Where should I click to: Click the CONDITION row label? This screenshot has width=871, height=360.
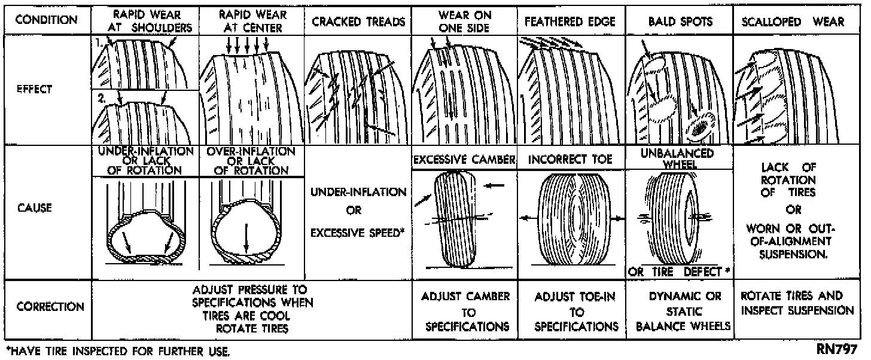click(x=46, y=20)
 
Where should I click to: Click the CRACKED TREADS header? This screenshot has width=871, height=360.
click(x=358, y=22)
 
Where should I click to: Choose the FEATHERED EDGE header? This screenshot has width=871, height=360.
click(x=571, y=22)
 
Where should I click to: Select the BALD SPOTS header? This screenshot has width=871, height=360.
click(x=680, y=22)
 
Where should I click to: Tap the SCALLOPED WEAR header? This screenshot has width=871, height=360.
click(x=793, y=22)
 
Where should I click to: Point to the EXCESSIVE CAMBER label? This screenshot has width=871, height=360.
click(x=464, y=160)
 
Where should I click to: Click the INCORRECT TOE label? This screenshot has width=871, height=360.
click(x=571, y=160)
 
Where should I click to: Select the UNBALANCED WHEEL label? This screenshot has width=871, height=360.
click(x=680, y=158)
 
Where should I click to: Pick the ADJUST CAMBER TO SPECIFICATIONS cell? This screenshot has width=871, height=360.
click(x=465, y=311)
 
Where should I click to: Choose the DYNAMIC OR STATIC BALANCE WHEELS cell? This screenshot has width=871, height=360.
click(x=680, y=311)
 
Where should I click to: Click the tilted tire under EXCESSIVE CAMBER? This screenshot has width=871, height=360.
click(x=458, y=218)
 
